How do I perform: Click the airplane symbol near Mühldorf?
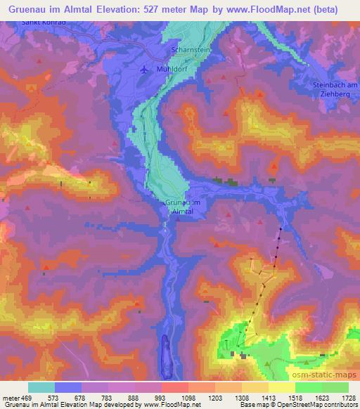click(145, 70)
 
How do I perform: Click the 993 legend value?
click(148, 397)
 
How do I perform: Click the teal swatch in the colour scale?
click(41, 387)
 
